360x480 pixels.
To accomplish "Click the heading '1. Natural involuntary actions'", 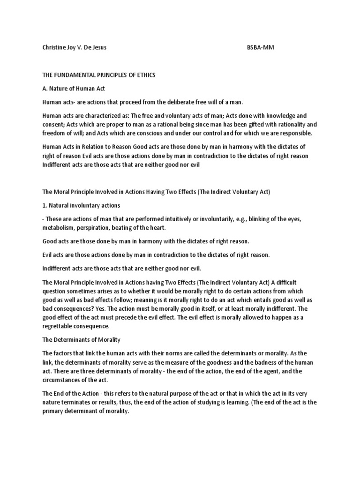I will coord(81,205).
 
